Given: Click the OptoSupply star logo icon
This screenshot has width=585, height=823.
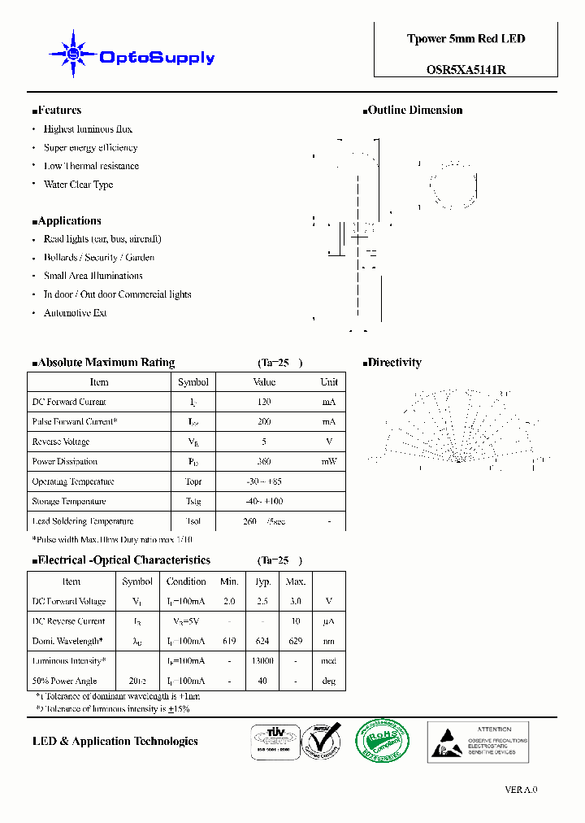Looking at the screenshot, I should point(73,54).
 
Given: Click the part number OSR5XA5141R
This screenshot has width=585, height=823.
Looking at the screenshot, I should point(466,70).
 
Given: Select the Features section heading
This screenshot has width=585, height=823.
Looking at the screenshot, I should point(58,111).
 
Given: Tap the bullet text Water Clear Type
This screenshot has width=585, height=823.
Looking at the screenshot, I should point(78,185).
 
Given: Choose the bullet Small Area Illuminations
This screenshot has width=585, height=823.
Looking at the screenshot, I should point(93,276).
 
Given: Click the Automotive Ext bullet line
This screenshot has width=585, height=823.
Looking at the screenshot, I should point(75,313).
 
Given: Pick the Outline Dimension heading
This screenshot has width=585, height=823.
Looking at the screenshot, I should point(414,111).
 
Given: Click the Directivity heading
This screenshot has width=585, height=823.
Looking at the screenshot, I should point(393,363).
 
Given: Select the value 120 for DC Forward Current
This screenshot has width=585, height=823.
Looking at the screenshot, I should point(264,402).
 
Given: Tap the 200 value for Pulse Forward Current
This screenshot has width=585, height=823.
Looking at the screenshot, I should point(264,422).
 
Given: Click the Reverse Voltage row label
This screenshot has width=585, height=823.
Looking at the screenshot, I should point(61,442).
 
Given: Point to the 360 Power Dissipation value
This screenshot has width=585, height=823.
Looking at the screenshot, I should point(264,462).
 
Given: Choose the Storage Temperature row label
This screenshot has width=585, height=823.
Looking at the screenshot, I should point(69,502).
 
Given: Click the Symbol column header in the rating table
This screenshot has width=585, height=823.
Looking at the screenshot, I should point(193,382).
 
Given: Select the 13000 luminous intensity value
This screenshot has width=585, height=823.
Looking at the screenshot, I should point(262,661).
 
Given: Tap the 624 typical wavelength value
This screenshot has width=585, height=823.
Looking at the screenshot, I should point(262,641).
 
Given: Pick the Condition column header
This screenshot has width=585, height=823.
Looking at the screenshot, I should point(186,581).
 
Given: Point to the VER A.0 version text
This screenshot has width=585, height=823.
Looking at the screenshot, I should point(521,790).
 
